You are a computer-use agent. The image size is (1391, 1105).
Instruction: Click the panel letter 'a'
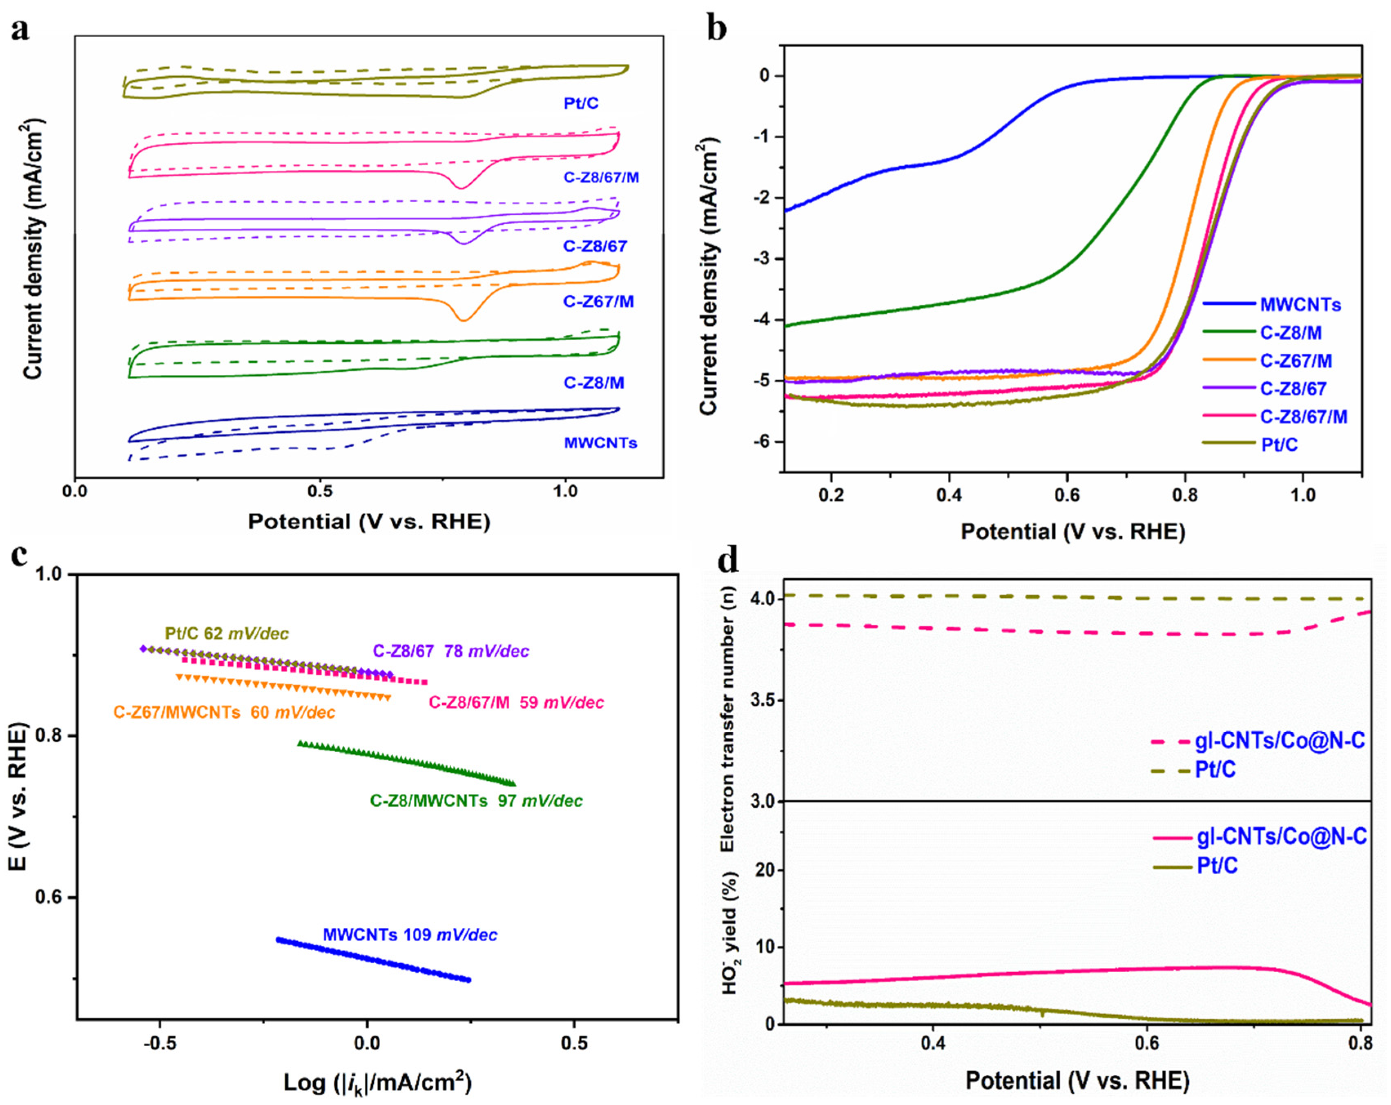[x=19, y=30]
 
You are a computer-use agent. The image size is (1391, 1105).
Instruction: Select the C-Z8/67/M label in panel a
[x=601, y=177]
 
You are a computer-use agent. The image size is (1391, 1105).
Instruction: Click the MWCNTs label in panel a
[x=600, y=443]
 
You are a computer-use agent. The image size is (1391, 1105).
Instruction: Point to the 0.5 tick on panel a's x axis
[x=320, y=492]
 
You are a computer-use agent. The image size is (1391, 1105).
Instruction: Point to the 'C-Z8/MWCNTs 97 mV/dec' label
[x=475, y=801]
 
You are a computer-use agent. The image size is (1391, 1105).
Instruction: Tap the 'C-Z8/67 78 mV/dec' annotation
[x=450, y=651]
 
